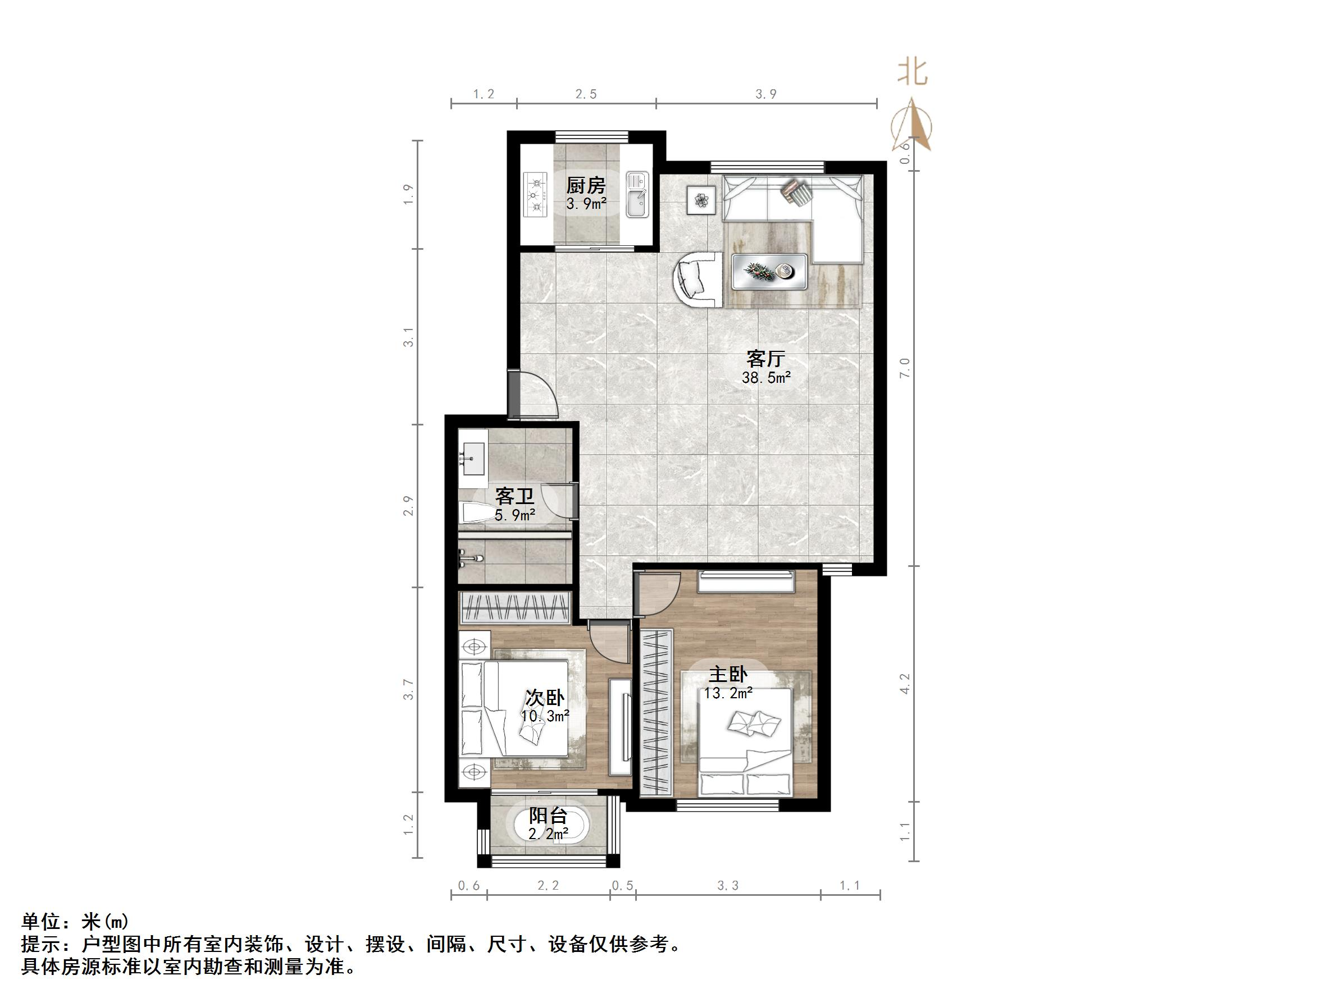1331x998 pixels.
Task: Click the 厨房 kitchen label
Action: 585,185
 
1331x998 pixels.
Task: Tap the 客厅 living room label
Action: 765,359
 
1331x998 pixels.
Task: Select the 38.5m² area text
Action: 765,378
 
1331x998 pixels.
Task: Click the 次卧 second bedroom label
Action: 545,698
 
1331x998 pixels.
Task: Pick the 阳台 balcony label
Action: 548,816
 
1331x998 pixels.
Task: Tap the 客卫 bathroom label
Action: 514,496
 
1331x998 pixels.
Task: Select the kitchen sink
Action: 637,194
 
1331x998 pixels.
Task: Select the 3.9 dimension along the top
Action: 765,94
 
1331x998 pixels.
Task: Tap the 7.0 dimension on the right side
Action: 904,368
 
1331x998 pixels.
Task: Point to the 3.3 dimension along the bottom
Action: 727,886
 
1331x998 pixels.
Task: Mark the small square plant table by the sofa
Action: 701,200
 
